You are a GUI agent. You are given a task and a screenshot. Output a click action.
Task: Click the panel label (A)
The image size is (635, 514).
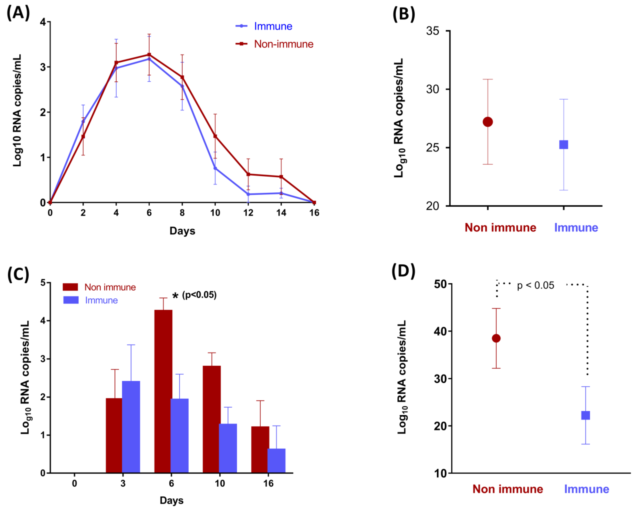[18, 13]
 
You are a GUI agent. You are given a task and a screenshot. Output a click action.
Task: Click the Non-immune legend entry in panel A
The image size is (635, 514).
[283, 44]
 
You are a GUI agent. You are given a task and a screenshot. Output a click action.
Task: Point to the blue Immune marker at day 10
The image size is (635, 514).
[215, 168]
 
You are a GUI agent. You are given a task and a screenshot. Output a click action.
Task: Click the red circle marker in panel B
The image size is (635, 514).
[488, 122]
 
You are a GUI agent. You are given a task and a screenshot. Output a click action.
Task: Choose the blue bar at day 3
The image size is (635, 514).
[131, 426]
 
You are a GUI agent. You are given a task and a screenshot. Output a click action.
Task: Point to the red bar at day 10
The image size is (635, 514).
[211, 419]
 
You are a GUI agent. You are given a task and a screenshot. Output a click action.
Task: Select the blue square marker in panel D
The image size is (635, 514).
[586, 415]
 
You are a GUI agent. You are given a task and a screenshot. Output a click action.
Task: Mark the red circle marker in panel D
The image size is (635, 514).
[496, 338]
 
